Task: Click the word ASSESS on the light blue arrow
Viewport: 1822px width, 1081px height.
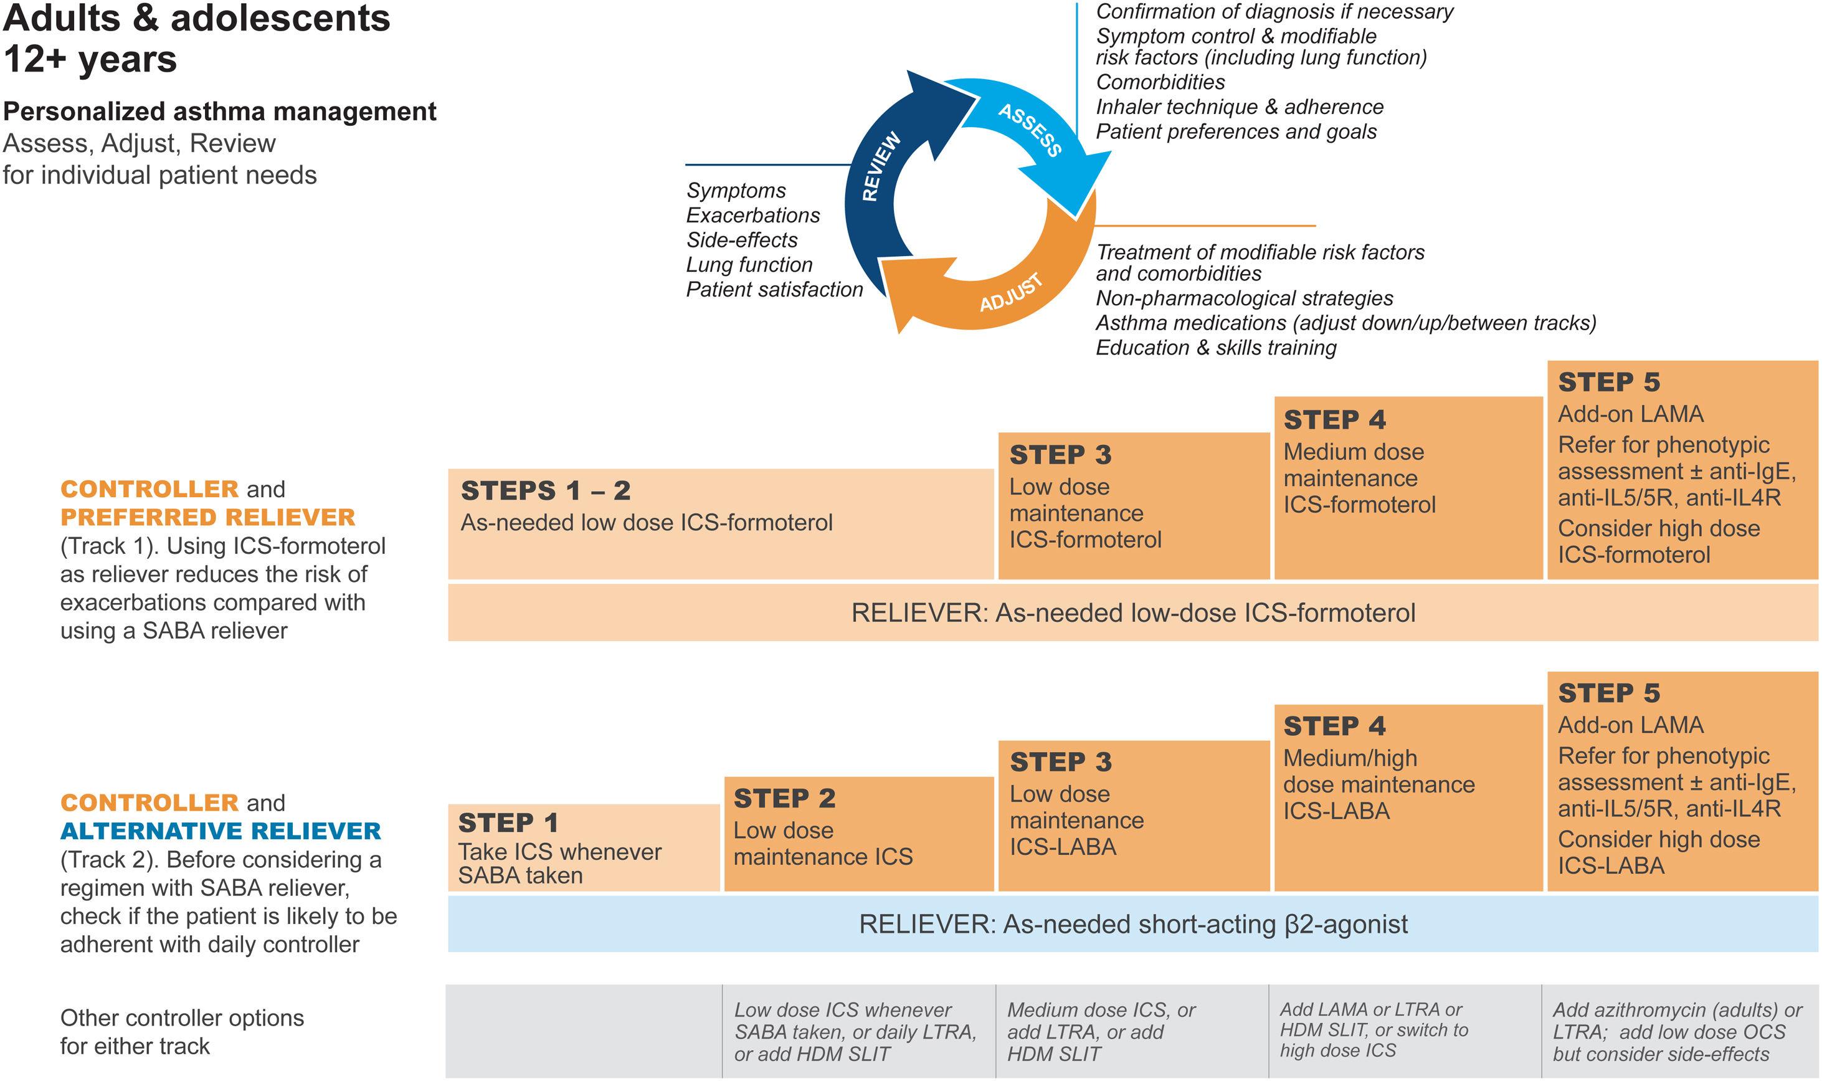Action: click(x=1030, y=130)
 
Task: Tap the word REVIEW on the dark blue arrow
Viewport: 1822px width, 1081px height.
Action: click(x=881, y=167)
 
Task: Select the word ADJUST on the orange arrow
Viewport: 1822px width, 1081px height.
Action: click(x=1011, y=293)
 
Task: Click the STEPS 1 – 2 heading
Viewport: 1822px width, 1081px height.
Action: click(x=546, y=491)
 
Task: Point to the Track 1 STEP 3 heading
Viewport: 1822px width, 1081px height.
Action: click(x=1060, y=455)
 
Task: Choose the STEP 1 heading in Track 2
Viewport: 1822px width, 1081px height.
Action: click(x=508, y=823)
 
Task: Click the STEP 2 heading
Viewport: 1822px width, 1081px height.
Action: click(x=784, y=798)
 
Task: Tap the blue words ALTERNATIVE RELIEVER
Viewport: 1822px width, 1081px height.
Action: click(x=221, y=831)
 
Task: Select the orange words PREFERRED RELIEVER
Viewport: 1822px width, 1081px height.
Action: click(x=207, y=517)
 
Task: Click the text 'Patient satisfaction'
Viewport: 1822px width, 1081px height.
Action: click(x=774, y=290)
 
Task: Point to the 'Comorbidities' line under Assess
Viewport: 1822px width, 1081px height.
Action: click(x=1160, y=82)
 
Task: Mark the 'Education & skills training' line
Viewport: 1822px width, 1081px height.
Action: click(x=1215, y=348)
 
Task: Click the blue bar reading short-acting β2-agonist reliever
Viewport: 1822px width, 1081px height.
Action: click(x=1132, y=925)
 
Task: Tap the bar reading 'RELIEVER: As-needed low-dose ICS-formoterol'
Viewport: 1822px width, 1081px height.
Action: click(x=1132, y=613)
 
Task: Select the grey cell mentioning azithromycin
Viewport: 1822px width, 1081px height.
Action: click(x=1679, y=1031)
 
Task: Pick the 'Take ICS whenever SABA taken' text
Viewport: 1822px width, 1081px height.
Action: click(x=559, y=863)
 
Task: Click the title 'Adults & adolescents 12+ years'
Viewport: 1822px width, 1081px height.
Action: click(x=197, y=38)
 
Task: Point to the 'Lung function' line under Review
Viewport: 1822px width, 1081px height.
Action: click(x=749, y=265)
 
